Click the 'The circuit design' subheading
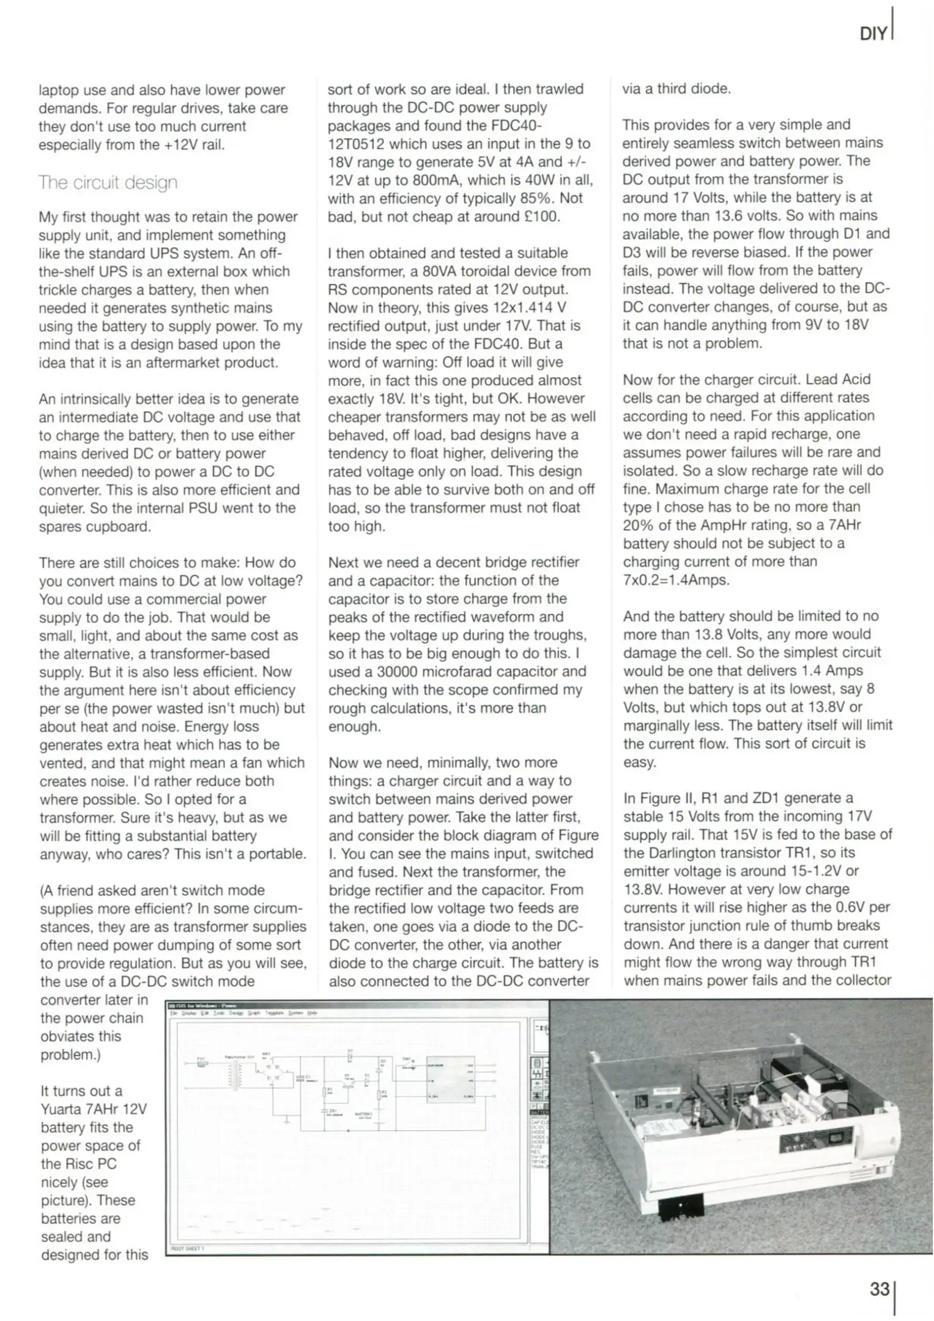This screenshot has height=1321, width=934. pyautogui.click(x=108, y=182)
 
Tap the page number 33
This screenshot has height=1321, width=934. pyautogui.click(x=880, y=1289)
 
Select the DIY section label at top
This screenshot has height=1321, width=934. pyautogui.click(x=873, y=34)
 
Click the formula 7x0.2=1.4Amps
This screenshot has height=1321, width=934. pyautogui.click(x=676, y=580)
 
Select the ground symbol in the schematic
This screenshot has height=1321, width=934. pyautogui.click(x=286, y=1120)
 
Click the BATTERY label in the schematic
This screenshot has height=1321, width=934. pyautogui.click(x=363, y=1114)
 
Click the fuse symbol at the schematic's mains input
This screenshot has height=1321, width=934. pyautogui.click(x=201, y=1064)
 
